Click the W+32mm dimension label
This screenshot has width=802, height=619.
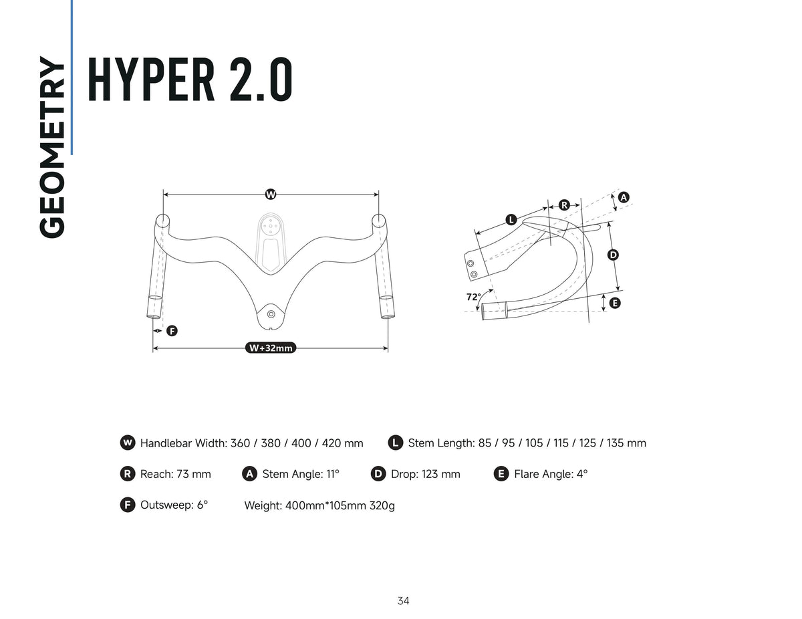point(271,348)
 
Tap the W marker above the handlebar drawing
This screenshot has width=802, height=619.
point(271,195)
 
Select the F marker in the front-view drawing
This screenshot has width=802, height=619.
point(172,331)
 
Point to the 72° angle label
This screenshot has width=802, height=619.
point(474,297)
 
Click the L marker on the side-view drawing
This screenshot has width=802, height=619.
point(511,220)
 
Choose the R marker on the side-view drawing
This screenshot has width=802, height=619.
point(564,205)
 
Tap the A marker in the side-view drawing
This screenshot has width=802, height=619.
point(624,197)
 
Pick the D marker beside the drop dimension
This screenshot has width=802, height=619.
point(613,255)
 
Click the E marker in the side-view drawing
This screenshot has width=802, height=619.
point(614,303)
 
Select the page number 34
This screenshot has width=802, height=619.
point(403,601)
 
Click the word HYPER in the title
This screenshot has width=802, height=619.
point(151,80)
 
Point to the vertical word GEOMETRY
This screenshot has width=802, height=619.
point(52,147)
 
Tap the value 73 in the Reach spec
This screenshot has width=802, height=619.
point(182,474)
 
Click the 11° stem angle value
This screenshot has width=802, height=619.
point(333,474)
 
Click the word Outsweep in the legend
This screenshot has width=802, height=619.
point(166,505)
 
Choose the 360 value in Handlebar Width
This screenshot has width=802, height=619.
point(240,443)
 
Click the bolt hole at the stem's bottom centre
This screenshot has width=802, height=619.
point(271,314)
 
